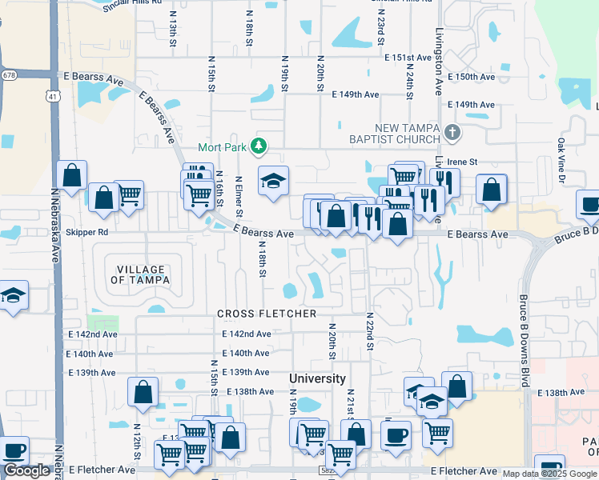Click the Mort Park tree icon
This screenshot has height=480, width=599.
(x=258, y=146)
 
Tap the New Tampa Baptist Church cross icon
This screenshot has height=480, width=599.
(x=452, y=132)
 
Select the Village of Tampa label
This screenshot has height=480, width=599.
(x=139, y=274)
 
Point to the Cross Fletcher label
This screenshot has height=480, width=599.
(x=267, y=314)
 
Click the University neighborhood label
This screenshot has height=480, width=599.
(x=317, y=378)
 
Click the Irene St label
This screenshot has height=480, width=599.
(x=462, y=162)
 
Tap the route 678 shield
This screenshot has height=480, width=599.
(x=9, y=75)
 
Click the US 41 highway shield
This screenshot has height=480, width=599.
(x=51, y=96)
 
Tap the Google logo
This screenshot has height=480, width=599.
(x=26, y=471)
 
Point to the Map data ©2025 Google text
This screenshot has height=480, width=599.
(x=549, y=474)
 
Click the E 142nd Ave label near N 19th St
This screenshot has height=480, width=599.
(x=247, y=334)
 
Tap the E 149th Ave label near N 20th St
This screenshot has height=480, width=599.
(x=355, y=94)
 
